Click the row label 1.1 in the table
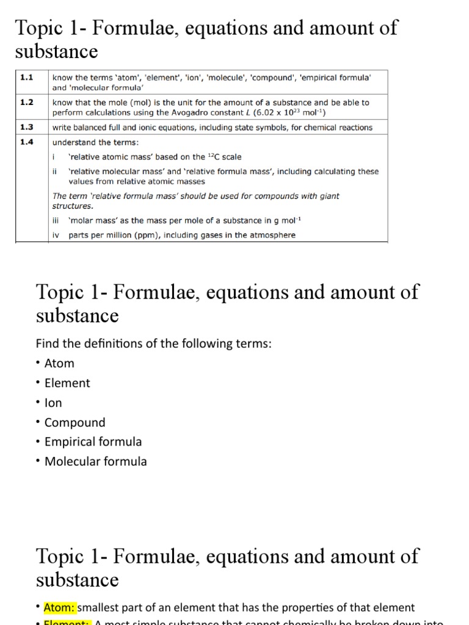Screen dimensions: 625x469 coord(26,78)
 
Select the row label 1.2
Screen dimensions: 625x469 coord(26,103)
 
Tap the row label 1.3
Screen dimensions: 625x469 coord(26,128)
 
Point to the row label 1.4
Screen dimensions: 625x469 coord(26,142)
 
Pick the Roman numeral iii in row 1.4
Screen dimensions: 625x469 coord(56,220)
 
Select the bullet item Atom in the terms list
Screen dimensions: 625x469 coord(59,363)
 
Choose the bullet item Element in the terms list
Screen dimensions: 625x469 coord(67,383)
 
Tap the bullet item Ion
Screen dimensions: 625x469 coord(53,403)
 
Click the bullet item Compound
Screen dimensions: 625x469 coord(75,422)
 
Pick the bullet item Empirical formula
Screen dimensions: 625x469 coord(93,442)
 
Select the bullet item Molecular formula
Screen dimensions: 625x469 coord(95,461)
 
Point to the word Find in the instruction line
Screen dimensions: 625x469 coord(48,344)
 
